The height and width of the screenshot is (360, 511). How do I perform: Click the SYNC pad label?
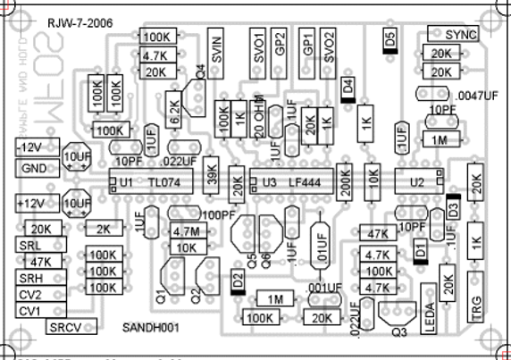tap(461, 34)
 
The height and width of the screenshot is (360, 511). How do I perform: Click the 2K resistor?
tap(104, 228)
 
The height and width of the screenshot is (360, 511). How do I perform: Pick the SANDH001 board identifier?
tap(151, 327)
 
